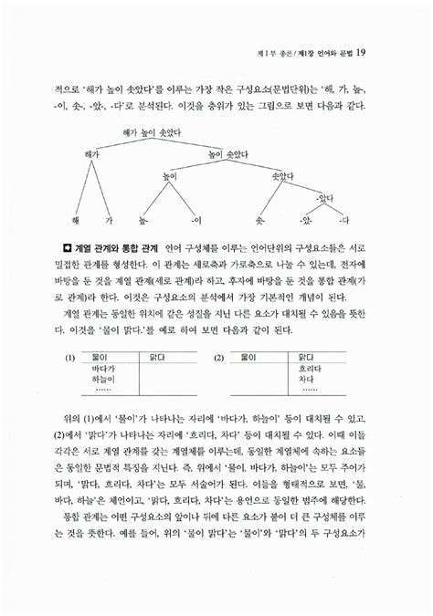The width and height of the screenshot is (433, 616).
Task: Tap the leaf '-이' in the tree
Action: tap(196, 221)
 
